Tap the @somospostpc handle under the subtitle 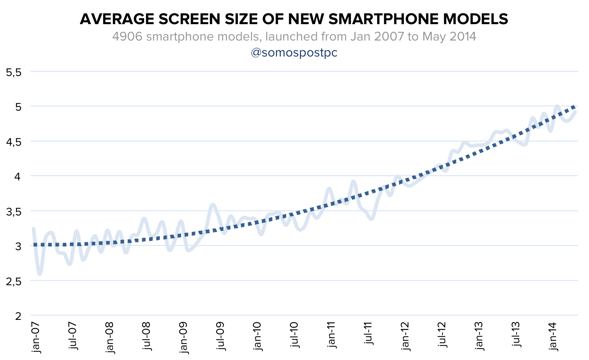click(294, 53)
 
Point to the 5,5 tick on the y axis click(14, 72)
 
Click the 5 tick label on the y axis click(18, 107)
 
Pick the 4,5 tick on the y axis click(14, 142)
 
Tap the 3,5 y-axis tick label click(14, 212)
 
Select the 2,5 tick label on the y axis click(14, 281)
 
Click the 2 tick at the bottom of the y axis click(18, 316)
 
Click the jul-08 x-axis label click(147, 336)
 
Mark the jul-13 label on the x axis click(517, 336)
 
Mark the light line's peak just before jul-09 click(213, 204)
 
